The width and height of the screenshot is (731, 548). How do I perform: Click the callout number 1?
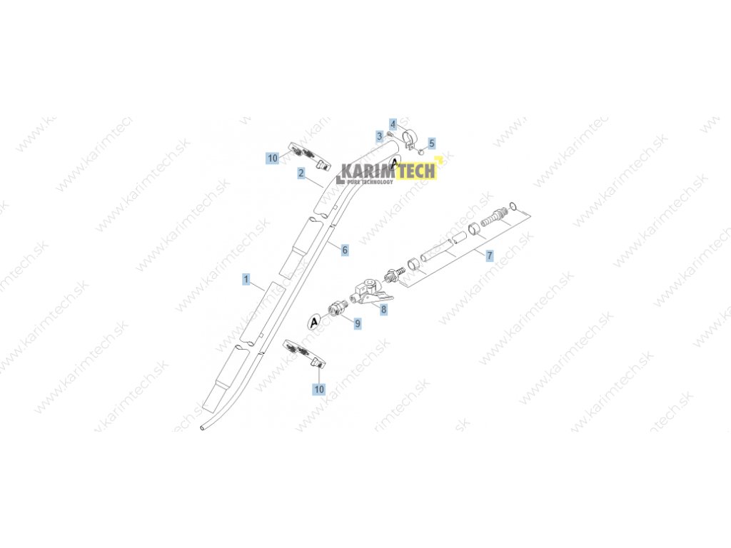point(246,279)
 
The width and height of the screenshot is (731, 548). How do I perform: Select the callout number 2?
point(302,173)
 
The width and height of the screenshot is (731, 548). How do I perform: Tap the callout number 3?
point(380,136)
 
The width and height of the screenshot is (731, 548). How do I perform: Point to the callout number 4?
point(393,123)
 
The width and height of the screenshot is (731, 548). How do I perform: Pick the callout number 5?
point(431,143)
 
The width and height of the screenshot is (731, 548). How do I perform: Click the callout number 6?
point(345,250)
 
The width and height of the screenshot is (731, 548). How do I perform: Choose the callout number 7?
point(490,255)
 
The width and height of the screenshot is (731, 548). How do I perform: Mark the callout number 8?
point(384,310)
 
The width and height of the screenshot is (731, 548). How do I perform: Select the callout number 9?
point(358,323)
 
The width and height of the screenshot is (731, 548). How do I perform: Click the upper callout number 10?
point(273,158)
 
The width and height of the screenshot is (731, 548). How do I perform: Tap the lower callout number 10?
point(318,389)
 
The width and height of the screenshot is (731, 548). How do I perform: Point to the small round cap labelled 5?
point(422,151)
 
